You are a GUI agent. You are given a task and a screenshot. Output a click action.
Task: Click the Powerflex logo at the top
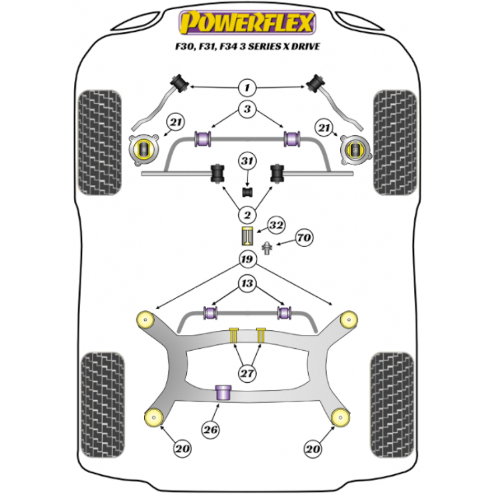point(247,23)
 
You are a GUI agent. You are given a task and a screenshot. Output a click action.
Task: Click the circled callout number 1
point(247,87)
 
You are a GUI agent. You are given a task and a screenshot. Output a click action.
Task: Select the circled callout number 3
point(247,109)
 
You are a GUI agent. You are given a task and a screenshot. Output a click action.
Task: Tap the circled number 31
point(247,161)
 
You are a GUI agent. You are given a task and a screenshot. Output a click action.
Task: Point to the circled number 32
point(277,225)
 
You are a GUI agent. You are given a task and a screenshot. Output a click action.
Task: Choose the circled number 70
point(304,238)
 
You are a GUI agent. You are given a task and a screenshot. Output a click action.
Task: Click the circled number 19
point(247,259)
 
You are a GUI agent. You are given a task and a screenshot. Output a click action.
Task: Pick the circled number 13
point(247,283)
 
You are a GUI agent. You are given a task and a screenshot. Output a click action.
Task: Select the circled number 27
point(247,373)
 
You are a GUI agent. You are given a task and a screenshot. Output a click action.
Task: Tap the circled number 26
point(211,430)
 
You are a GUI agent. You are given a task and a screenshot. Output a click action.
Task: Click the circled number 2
point(247,215)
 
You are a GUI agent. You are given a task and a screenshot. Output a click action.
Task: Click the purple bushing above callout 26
point(223,393)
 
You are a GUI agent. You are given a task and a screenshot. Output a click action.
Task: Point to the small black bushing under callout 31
point(248,192)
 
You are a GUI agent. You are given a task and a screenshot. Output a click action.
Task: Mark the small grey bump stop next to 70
point(267,249)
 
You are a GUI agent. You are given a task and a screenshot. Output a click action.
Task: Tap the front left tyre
point(100,142)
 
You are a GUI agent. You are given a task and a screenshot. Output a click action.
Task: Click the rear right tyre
point(392,405)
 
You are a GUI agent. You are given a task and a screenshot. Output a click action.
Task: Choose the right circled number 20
point(313,449)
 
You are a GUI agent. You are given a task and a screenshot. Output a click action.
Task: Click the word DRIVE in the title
point(305,47)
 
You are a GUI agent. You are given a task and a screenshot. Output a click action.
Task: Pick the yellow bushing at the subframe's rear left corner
point(154,417)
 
